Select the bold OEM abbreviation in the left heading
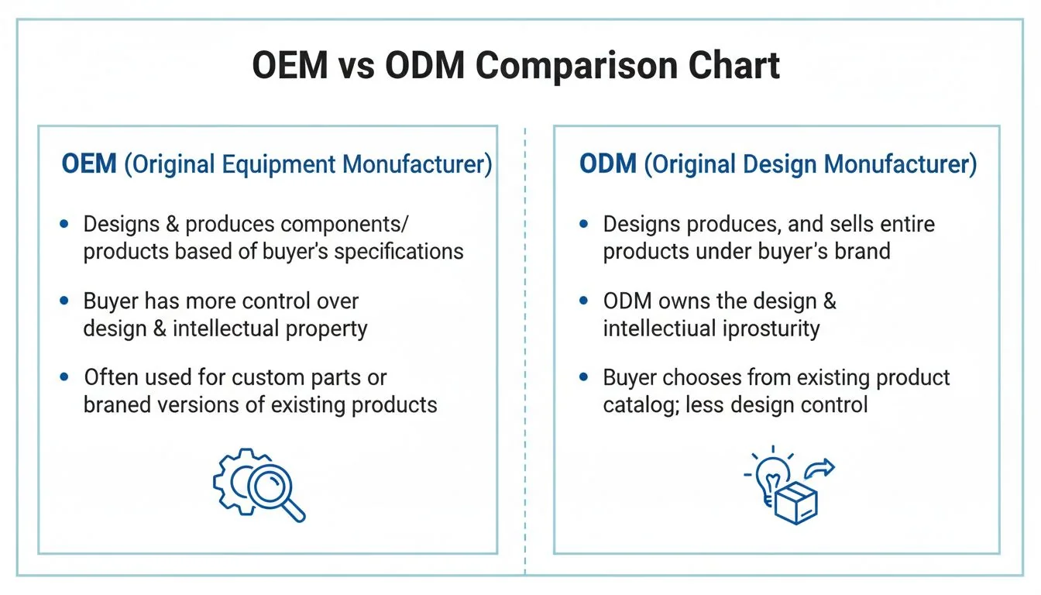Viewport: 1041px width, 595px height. (88, 165)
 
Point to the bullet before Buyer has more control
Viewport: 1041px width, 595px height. (64, 301)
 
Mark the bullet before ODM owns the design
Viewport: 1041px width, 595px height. (584, 301)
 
